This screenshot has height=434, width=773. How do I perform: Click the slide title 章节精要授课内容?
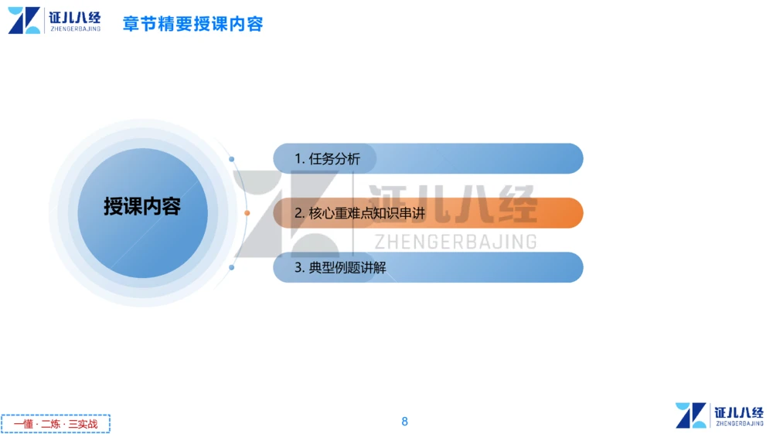193,24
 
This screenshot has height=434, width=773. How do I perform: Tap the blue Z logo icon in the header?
24,20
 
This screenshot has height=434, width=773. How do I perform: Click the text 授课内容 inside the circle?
142,207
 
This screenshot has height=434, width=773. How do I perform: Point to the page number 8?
404,422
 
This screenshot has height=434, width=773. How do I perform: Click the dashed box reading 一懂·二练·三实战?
56,424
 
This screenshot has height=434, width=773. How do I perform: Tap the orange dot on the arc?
247,213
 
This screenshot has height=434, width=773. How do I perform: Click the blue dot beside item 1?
232,159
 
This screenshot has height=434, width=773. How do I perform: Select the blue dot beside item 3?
232,267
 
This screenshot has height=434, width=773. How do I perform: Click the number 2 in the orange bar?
298,213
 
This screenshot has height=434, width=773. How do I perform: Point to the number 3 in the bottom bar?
298,268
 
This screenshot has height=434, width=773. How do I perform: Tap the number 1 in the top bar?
298,159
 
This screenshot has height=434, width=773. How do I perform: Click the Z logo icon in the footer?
691,415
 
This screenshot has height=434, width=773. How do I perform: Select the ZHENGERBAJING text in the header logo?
75,29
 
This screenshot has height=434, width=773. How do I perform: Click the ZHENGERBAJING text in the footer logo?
740,424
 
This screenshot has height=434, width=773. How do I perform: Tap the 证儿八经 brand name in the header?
75,16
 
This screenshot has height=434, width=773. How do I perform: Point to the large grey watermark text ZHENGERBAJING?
455,242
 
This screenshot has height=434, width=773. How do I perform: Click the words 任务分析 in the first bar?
334,159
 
